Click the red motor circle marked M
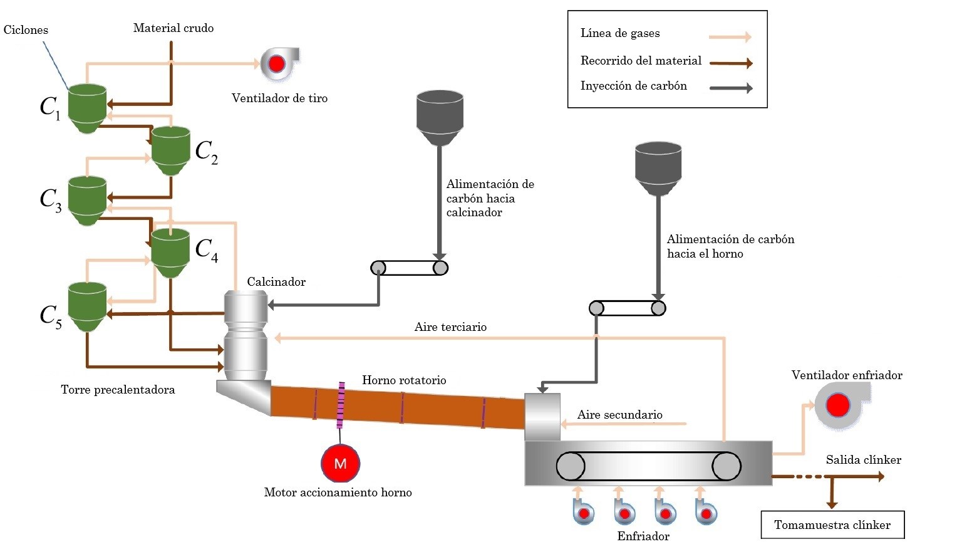coord(340,463)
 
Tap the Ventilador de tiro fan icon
coord(277,63)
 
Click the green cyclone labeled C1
coord(86,108)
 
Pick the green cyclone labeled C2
coord(170,150)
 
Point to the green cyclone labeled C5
coord(86,306)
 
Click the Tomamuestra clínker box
coord(832,525)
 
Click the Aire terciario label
coord(450,327)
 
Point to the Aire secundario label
coord(619,415)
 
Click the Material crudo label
coord(173,28)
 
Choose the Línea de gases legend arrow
coord(730,37)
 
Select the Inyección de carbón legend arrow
coord(730,88)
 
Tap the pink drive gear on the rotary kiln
coord(341,405)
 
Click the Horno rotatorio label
coord(404,380)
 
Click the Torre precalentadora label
coord(118,390)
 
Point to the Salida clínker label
coord(863,460)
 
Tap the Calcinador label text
coord(276,282)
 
